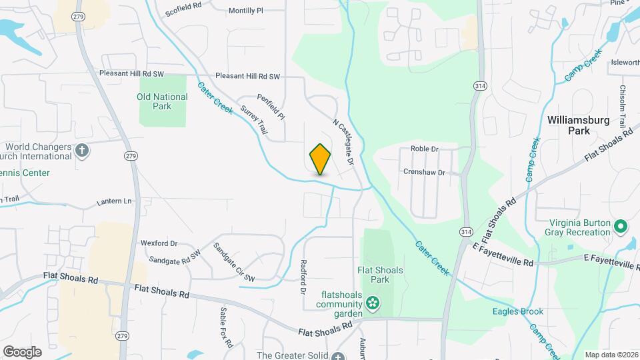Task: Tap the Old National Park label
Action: [x=162, y=101]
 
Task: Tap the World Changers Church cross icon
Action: [x=82, y=149]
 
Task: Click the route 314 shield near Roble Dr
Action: [x=479, y=86]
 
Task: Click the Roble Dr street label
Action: [x=425, y=149]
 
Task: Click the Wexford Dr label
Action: [x=159, y=243]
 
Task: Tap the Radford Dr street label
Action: [x=303, y=277]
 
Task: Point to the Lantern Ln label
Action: [x=115, y=201]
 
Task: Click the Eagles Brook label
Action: [x=517, y=311]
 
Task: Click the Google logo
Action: [x=22, y=351]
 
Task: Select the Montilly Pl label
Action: [x=246, y=11]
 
